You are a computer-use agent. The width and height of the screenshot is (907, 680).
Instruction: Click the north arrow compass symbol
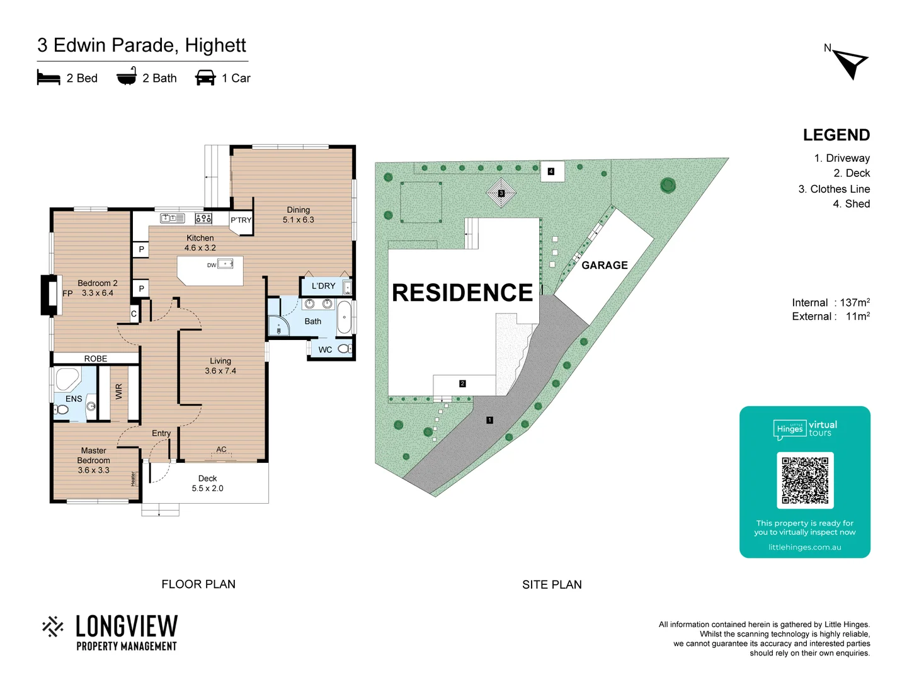(x=851, y=64)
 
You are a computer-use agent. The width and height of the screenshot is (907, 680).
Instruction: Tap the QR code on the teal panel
(x=805, y=480)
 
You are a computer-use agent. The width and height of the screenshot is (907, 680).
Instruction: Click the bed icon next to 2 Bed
(x=48, y=77)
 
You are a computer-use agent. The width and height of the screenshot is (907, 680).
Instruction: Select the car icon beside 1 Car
(x=205, y=77)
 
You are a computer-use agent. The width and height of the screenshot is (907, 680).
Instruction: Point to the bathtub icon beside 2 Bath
(x=127, y=77)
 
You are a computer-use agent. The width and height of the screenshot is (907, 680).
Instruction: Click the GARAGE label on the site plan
(x=604, y=265)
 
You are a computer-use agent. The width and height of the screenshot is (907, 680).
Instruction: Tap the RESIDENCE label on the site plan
(x=462, y=293)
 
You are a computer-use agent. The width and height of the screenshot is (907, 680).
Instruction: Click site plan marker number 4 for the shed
(x=551, y=171)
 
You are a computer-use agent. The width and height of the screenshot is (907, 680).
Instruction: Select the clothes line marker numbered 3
(x=501, y=193)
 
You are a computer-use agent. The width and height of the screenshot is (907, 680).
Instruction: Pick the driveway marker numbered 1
(x=489, y=420)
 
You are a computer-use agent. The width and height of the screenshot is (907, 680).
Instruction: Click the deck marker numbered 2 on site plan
(x=462, y=383)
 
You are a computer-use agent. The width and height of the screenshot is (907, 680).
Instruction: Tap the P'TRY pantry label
(x=241, y=220)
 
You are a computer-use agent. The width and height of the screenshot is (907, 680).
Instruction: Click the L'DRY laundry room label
(x=323, y=286)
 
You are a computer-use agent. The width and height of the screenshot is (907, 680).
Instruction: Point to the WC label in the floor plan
(x=325, y=349)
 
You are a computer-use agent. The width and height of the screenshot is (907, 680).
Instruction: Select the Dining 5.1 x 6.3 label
(x=298, y=215)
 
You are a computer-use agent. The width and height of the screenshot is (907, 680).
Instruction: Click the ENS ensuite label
(x=74, y=399)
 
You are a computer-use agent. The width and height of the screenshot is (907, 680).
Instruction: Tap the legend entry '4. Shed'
(x=851, y=204)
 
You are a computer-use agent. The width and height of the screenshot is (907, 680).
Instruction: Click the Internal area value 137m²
(x=854, y=303)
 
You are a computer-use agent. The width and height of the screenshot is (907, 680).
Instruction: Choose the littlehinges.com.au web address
(x=804, y=547)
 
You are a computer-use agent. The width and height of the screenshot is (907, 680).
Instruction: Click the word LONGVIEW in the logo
(x=127, y=626)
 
